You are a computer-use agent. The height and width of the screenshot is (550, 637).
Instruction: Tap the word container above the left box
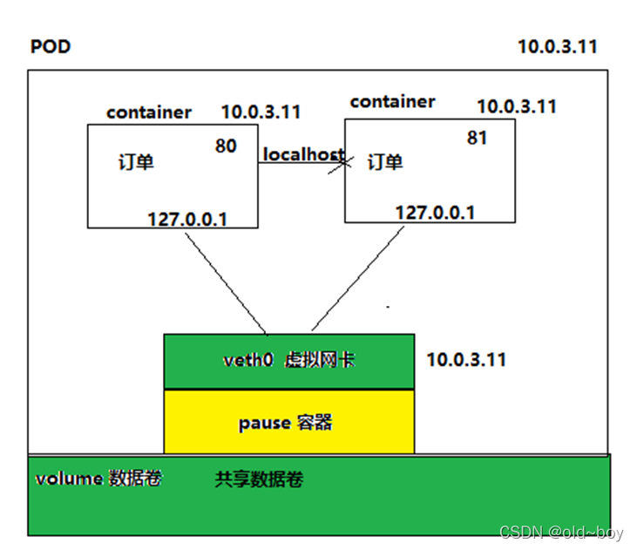(148, 112)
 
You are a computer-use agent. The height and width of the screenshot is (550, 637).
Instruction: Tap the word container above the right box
(392, 102)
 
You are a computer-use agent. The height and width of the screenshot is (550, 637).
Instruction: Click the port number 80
(226, 146)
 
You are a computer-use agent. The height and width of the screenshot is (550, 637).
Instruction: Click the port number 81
(477, 138)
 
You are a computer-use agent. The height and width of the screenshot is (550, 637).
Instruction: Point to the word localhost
(302, 154)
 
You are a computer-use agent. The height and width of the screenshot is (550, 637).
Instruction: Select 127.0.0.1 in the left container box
(187, 219)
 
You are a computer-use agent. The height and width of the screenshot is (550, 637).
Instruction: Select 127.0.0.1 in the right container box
(435, 213)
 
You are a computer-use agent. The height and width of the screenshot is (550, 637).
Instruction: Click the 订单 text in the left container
(135, 162)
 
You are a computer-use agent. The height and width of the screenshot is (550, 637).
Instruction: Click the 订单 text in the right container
(385, 162)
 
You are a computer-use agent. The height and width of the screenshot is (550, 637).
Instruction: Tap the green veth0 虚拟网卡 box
(288, 360)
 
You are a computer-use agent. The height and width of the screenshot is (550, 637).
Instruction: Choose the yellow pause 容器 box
(288, 423)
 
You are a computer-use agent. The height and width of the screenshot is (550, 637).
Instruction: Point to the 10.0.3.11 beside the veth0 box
(466, 360)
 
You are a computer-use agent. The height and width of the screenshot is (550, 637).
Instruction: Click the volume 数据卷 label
(98, 479)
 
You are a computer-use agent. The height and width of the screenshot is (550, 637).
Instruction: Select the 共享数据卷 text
(259, 480)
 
